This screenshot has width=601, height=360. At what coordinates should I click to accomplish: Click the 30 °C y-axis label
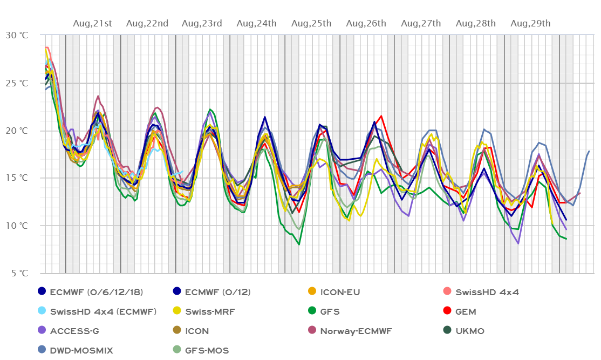tap(17, 35)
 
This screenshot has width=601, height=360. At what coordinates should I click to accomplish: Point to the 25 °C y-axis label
tap(17, 83)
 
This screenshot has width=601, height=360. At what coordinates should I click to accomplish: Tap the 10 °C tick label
tap(17, 226)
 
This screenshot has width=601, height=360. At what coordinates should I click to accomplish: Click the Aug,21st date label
tap(93, 23)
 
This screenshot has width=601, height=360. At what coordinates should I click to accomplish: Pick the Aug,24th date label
tap(257, 23)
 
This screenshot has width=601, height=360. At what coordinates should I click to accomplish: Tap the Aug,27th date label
tap(421, 23)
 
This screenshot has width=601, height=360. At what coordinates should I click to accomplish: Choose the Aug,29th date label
tap(531, 23)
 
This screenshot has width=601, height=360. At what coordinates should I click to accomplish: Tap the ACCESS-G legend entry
tap(73, 331)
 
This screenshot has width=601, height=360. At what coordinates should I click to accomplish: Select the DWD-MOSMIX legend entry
tap(81, 350)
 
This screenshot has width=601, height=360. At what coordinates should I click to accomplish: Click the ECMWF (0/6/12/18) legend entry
tap(96, 292)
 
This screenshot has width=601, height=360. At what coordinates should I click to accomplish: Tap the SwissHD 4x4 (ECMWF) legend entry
tap(103, 311)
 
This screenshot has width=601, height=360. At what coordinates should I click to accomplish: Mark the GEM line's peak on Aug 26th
tap(381, 116)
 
